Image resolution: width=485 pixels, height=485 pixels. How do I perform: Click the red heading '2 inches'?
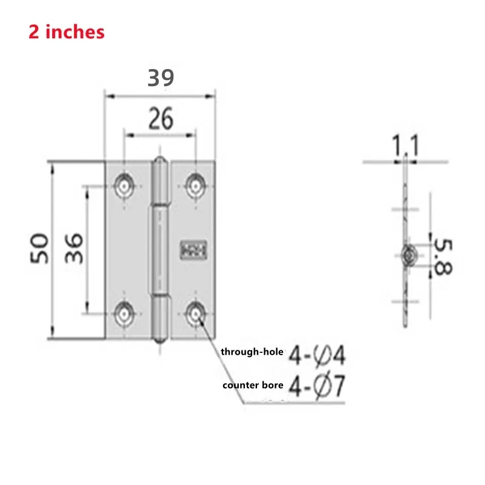click(x=67, y=32)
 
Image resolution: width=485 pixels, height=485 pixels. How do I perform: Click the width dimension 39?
click(x=161, y=78)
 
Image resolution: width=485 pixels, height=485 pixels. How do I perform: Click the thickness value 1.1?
click(x=405, y=146)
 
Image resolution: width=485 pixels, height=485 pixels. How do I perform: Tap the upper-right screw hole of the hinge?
click(x=195, y=184)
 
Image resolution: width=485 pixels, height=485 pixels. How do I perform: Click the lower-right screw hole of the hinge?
click(x=195, y=313)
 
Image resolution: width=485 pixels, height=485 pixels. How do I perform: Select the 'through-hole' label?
click(x=251, y=352)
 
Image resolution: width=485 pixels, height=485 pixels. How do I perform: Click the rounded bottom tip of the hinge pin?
click(x=160, y=338)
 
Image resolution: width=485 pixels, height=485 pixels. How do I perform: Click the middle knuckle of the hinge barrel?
click(x=160, y=250)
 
